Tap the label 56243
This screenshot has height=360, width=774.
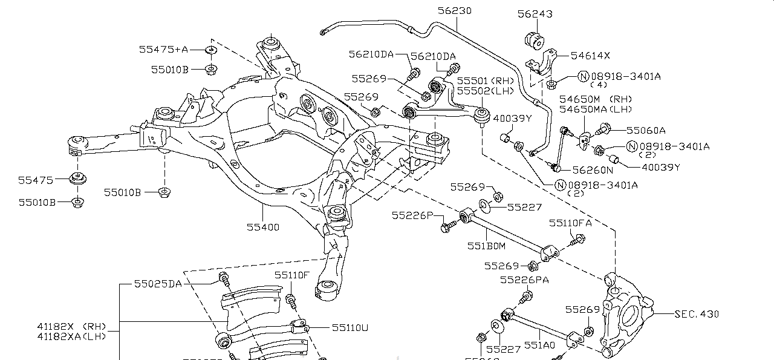coord(535,13)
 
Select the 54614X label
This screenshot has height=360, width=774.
coord(591,55)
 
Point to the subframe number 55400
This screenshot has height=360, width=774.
coord(262,227)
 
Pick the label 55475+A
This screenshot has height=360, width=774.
coord(163,50)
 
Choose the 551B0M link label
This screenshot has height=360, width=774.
coord(486,246)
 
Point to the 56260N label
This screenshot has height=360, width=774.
coord(593,171)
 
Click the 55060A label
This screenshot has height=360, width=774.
coord(645,129)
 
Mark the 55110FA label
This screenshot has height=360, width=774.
coord(570,223)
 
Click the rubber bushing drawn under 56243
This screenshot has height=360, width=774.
coord(535,39)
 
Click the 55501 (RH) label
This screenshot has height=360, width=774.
coord(484,80)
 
